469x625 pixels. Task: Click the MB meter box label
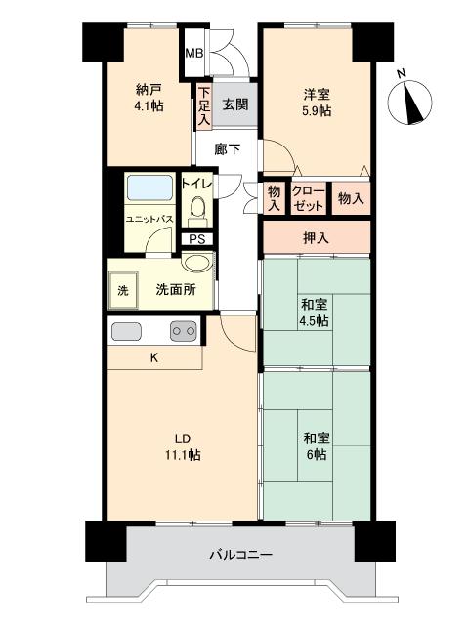[194, 53]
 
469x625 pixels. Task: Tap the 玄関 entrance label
[235, 104]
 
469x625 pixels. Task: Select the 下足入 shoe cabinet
[204, 105]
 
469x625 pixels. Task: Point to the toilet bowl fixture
[197, 211]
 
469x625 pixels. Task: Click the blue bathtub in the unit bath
[149, 187]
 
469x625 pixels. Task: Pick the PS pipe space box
[197, 239]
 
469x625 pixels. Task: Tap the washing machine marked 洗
[123, 290]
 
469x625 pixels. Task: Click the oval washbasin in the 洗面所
[197, 264]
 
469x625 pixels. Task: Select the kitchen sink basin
[126, 331]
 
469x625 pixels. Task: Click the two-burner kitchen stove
[184, 330]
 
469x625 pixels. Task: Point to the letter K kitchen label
[154, 358]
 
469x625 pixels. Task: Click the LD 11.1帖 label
[183, 446]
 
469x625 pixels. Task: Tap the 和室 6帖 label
[317, 446]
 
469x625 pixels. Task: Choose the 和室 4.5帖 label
[315, 312]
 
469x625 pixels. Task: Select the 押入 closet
[317, 237]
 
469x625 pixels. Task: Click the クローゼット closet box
[309, 198]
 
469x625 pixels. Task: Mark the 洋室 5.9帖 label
[317, 103]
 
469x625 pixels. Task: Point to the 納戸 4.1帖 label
[149, 98]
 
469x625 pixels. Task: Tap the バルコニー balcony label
[241, 554]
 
